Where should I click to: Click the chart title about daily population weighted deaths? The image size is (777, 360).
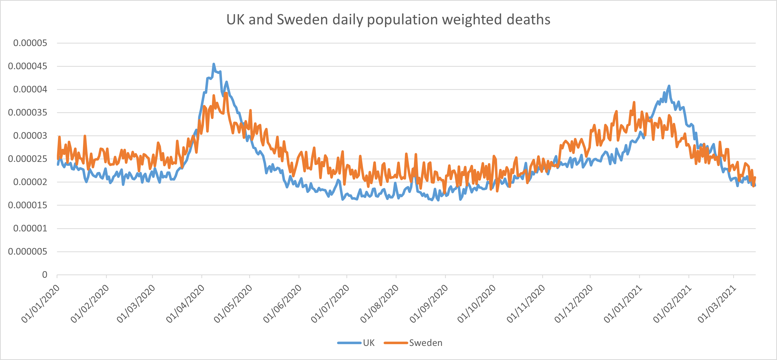388,20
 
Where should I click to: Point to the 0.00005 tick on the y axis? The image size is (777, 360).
30,43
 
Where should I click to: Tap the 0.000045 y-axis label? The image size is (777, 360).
27,66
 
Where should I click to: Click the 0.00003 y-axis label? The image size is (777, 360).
30,136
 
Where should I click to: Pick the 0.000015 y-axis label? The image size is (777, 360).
27,205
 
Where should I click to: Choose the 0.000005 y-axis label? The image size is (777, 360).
27,252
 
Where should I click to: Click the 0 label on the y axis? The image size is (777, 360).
45,275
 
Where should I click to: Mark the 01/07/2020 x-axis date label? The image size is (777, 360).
330,304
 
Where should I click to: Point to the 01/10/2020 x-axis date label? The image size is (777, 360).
476,304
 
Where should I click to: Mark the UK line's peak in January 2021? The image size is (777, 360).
669,86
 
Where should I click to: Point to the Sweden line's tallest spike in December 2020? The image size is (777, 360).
634,102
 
